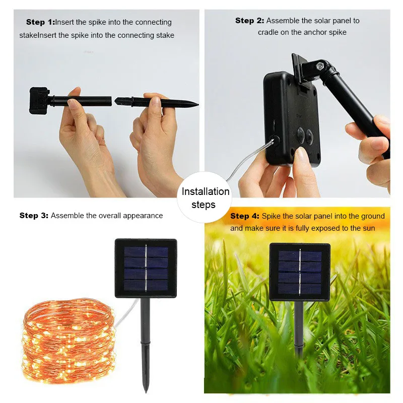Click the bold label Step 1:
pyautogui.click(x=40, y=22)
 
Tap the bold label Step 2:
pyautogui.click(x=249, y=21)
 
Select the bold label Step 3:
pyautogui.click(x=34, y=216)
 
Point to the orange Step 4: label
pyautogui.click(x=245, y=216)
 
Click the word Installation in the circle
pyautogui.click(x=206, y=192)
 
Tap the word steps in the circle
pyautogui.click(x=204, y=205)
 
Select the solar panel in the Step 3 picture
pyautogui.click(x=146, y=267)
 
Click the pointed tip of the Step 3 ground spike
pyautogui.click(x=146, y=390)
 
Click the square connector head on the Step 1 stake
pyautogui.click(x=38, y=98)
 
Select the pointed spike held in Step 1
pyautogui.click(x=161, y=102)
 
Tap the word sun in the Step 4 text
pyautogui.click(x=369, y=228)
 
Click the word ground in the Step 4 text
pyautogui.click(x=373, y=216)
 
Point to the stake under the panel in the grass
pyautogui.click(x=299, y=327)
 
